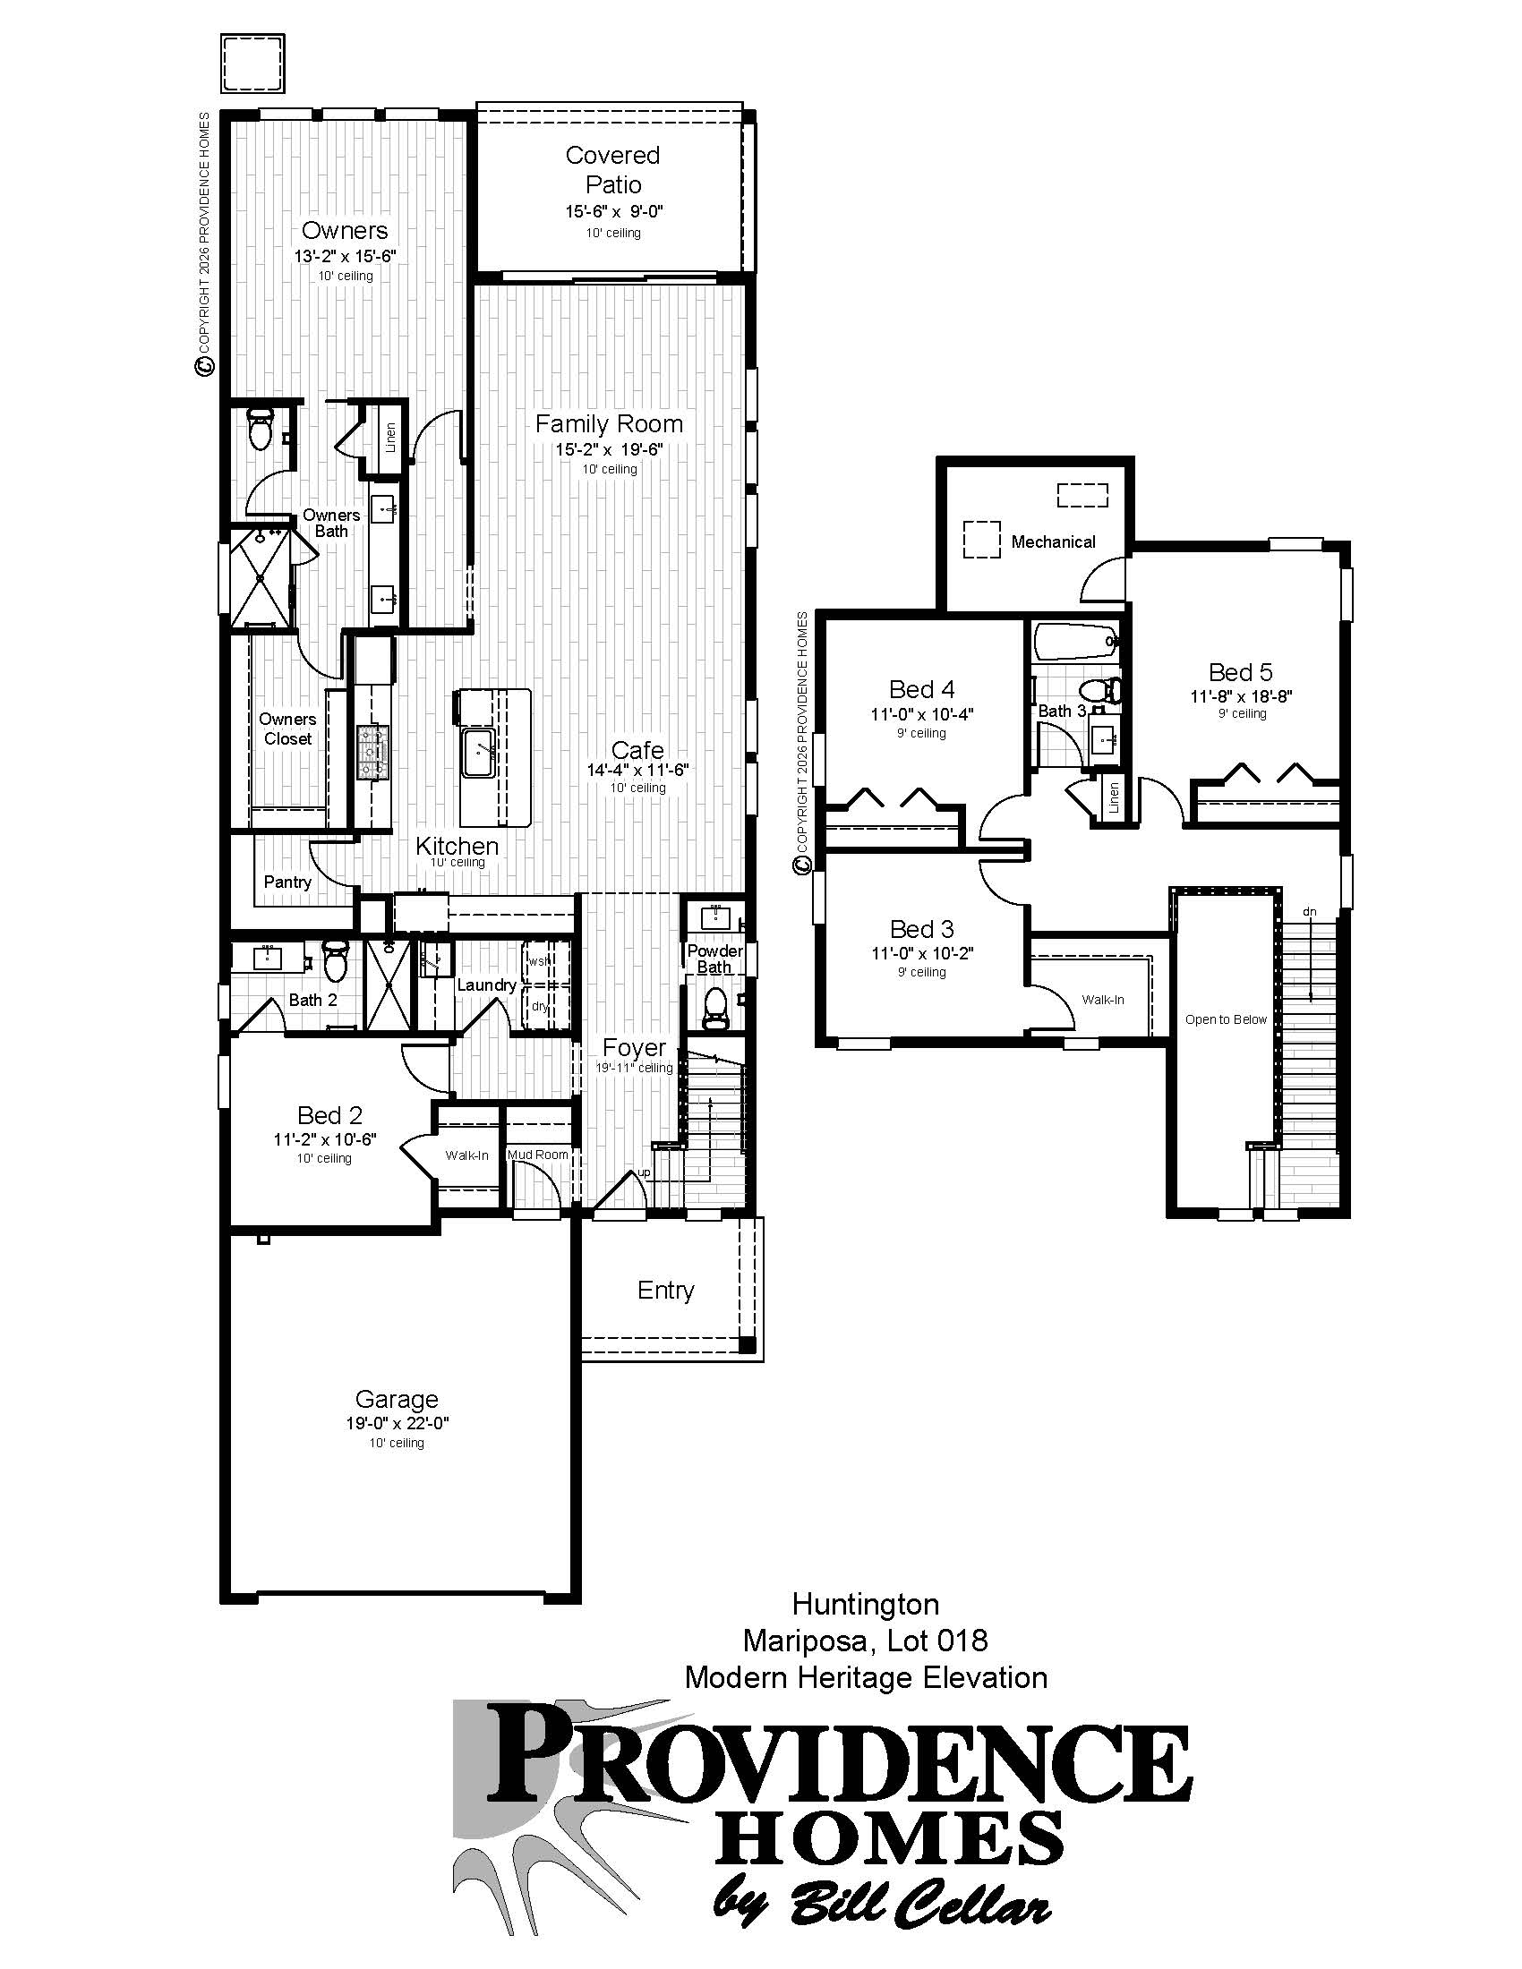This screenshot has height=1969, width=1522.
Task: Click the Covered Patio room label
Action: [x=613, y=169]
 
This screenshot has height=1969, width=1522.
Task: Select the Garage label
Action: [x=397, y=1398]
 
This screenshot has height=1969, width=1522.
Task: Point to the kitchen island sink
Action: [x=478, y=752]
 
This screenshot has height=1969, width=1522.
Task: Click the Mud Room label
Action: [x=538, y=1154]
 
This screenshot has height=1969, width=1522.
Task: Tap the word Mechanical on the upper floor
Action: [x=1053, y=541]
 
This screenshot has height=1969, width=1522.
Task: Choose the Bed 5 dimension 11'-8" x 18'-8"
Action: [x=1242, y=696]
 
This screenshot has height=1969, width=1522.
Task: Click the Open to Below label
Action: [x=1227, y=1019]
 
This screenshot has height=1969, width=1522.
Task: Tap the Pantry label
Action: [x=287, y=882]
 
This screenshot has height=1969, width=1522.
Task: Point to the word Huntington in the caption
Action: [x=866, y=1604]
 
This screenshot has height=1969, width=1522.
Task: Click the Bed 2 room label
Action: [x=330, y=1115]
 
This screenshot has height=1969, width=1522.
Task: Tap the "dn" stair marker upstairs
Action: [x=1309, y=912]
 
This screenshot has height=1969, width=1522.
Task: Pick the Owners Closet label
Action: [x=287, y=729]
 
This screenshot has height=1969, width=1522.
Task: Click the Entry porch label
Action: [x=665, y=1290]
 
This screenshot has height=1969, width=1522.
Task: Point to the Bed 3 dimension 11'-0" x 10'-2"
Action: [x=922, y=953]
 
